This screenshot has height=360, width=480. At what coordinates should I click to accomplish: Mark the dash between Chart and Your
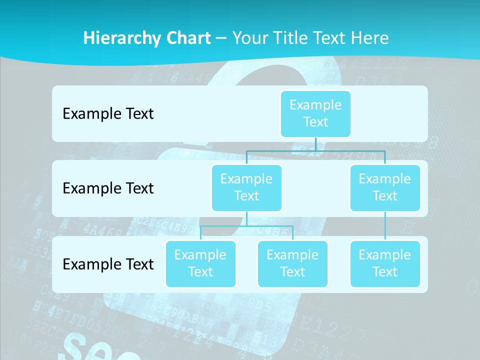click(x=221, y=38)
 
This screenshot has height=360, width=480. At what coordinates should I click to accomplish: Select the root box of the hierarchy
click(x=315, y=113)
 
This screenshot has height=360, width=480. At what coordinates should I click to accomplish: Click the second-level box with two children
click(x=246, y=187)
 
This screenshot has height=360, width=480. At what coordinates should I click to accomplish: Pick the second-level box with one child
click(x=385, y=187)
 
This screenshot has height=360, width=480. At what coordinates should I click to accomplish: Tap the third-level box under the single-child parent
click(x=385, y=263)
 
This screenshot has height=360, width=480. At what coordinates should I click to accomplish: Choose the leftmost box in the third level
click(x=200, y=263)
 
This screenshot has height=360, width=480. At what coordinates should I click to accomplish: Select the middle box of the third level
click(x=292, y=263)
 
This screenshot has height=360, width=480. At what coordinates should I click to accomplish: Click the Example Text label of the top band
click(x=108, y=113)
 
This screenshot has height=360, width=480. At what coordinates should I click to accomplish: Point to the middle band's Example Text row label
click(x=108, y=188)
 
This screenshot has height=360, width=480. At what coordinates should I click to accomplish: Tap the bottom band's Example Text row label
click(x=108, y=264)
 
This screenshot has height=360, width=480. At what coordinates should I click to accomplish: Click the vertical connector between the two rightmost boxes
click(x=385, y=226)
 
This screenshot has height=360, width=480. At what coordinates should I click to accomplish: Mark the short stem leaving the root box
click(x=315, y=144)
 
